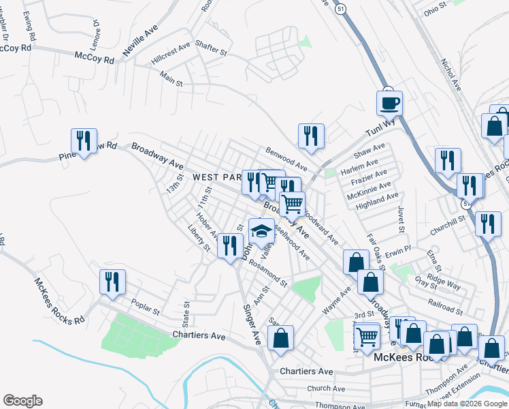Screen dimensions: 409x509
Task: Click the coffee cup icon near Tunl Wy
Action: coord(389,104)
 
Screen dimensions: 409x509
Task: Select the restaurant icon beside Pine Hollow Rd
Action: coord(84,141)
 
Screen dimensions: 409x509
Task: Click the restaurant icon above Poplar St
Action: coord(112,282)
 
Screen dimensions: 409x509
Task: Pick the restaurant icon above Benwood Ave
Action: coord(311,136)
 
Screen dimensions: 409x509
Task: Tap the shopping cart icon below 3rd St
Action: coord(367,335)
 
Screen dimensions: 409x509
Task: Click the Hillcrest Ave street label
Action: coord(171,55)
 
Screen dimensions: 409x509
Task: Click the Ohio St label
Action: coord(435,8)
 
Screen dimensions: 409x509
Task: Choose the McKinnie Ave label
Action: coord(369,190)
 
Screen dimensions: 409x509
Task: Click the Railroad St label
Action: coord(445,305)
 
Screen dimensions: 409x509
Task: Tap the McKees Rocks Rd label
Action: coord(61,301)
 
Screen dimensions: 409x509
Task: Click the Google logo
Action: coord(22,401)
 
